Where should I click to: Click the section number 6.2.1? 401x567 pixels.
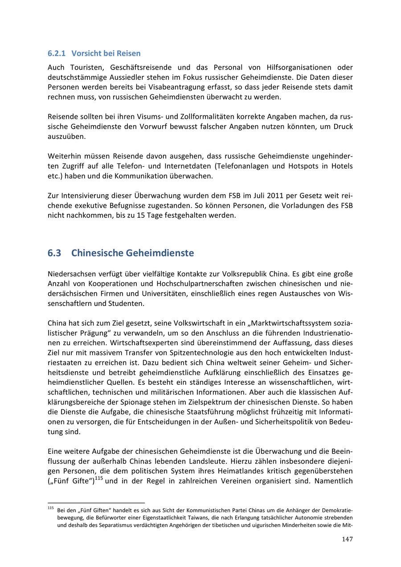57,53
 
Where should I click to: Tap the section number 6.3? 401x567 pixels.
54,253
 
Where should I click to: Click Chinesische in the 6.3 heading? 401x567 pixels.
97,253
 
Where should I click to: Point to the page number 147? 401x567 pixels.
348,539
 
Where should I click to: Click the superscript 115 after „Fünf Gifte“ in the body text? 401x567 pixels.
98,479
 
